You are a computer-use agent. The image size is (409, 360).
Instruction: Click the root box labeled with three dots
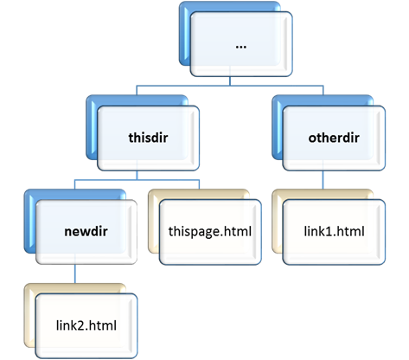[x=241, y=44]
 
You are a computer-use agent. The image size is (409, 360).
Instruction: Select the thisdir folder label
[x=148, y=138]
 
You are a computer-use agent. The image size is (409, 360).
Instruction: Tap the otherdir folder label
[x=334, y=138]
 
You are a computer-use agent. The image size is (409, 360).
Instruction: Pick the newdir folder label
[x=86, y=231]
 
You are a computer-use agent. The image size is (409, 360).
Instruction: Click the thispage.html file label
[x=210, y=232]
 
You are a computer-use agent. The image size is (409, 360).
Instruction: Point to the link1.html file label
[x=334, y=231]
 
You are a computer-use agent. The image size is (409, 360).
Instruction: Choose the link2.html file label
[x=86, y=325]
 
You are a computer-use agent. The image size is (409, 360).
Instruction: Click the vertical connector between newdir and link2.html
[x=75, y=273]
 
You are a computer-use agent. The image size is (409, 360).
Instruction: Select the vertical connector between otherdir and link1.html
[x=323, y=180]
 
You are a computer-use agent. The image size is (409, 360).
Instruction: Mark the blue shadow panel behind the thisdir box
[x=92, y=127]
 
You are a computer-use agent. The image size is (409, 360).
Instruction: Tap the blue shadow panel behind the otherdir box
[x=278, y=127]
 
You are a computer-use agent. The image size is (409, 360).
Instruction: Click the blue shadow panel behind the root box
[x=184, y=33]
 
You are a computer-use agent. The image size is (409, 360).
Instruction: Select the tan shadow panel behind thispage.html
[x=154, y=221]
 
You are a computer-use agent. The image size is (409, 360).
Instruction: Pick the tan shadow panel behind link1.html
[x=277, y=221]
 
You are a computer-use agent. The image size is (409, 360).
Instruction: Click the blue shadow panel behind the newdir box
[x=29, y=221]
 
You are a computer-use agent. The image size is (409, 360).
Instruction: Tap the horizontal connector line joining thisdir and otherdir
[x=230, y=86]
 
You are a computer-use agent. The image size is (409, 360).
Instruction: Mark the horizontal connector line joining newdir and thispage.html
[x=137, y=180]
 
